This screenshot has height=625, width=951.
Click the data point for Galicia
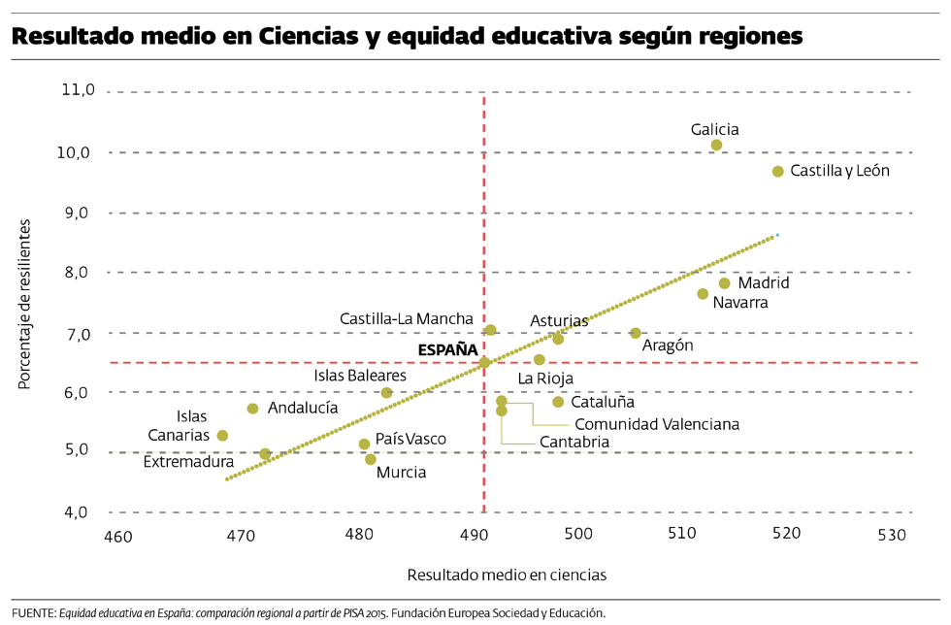(716, 146)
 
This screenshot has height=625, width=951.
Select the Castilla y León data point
(777, 172)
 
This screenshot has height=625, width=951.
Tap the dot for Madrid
(724, 283)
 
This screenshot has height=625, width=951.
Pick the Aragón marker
(636, 333)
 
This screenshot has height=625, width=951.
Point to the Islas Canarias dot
(222, 436)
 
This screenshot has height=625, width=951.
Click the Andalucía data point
(253, 409)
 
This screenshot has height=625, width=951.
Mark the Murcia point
(371, 459)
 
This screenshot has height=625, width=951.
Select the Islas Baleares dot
(386, 393)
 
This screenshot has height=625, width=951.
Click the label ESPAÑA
(447, 349)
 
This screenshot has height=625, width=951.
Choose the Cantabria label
(575, 442)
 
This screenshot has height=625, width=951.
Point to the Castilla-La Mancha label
(407, 318)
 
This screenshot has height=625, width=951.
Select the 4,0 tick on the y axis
(78, 511)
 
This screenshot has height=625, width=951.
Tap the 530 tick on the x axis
(891, 535)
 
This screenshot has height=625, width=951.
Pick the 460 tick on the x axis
(118, 535)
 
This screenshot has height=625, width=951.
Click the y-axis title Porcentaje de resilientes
(23, 304)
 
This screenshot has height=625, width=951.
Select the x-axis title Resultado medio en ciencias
(507, 575)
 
